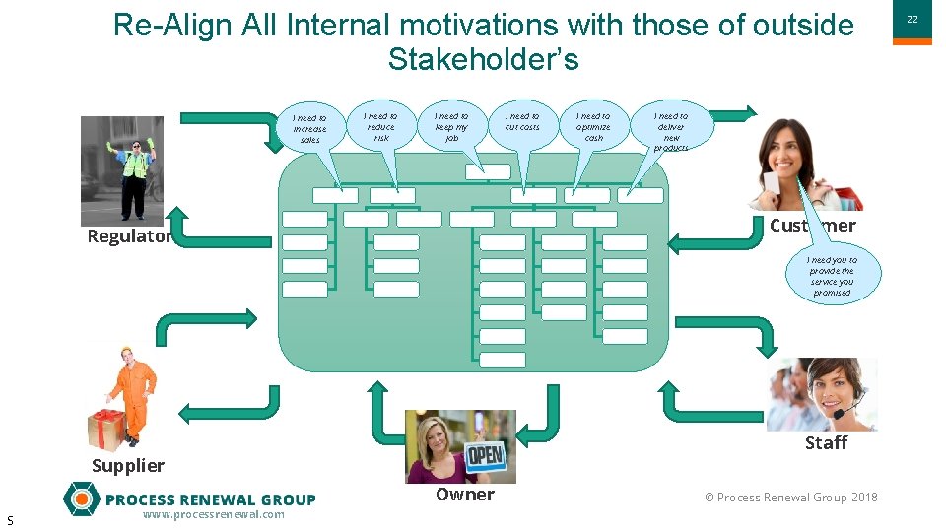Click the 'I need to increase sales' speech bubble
coord(309,129)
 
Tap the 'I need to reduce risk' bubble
coord(380,127)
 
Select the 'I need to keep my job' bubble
coord(452,127)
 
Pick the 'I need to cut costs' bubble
coord(522,122)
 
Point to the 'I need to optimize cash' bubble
coord(593,127)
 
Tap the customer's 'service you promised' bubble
coord(832,277)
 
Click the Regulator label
coord(129,236)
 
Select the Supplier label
coord(128,465)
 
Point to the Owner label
coord(465,495)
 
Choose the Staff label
coord(826,443)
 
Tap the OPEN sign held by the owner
coord(485,455)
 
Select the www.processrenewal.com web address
coord(213,515)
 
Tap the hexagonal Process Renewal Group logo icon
coord(81,499)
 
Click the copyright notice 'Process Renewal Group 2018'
coord(791,498)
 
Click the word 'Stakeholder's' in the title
coord(483,59)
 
